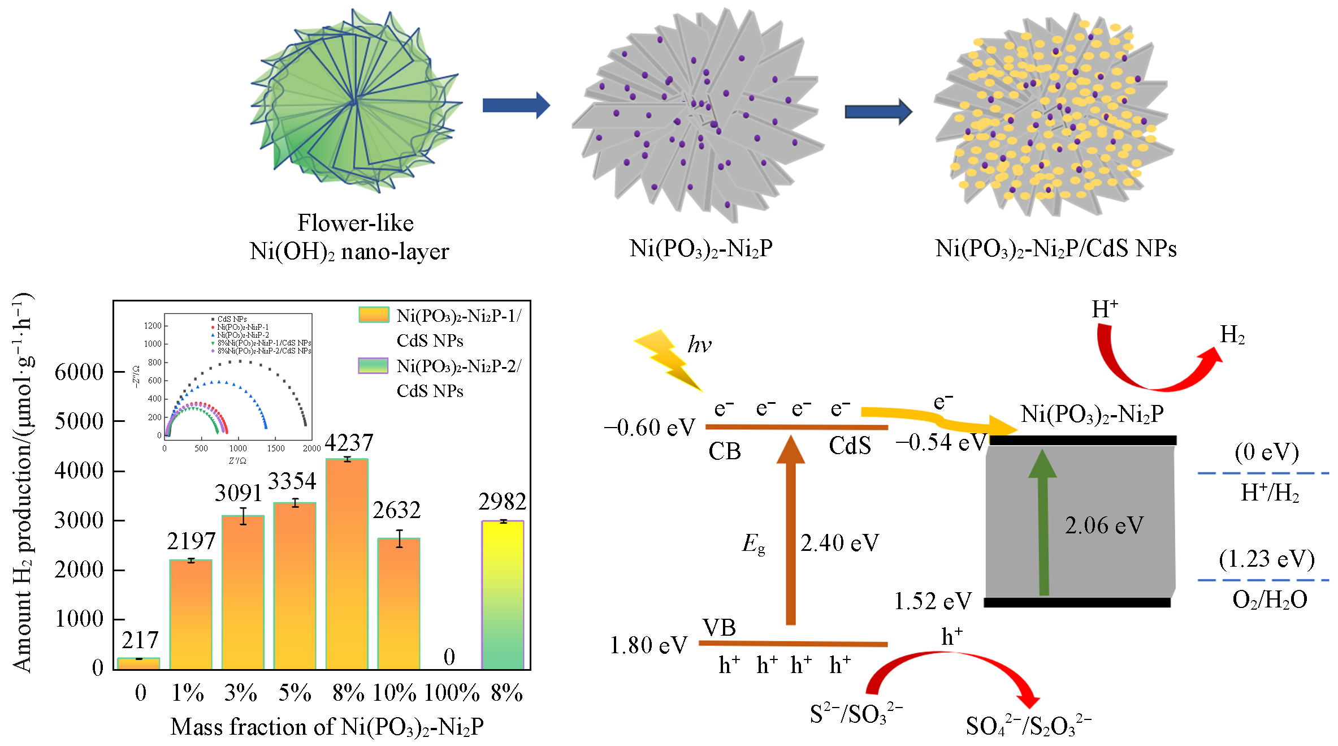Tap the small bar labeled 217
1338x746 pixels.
point(138,663)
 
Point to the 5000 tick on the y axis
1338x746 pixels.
point(79,421)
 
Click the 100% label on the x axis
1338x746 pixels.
point(451,693)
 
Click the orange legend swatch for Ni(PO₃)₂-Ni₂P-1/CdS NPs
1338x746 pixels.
point(374,315)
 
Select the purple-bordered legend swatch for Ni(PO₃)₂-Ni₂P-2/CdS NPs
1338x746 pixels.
point(373,366)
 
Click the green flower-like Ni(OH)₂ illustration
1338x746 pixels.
point(356,102)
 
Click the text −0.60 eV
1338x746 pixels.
point(649,428)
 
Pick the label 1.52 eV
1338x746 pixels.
point(933,601)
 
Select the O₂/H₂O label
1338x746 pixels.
point(1270,600)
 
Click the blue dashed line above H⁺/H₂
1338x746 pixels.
point(1263,473)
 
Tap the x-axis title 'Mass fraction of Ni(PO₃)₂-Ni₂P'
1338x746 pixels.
point(327,727)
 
